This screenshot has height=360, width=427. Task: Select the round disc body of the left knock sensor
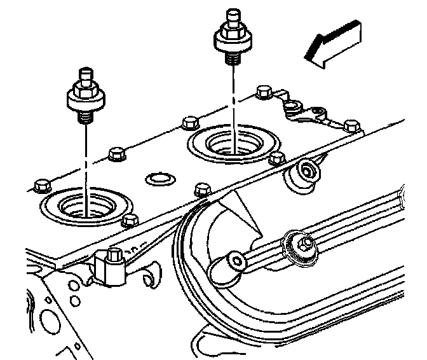(84, 99)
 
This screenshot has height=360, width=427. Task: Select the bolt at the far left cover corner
(41, 185)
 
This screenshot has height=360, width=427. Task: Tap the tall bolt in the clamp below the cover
(114, 255)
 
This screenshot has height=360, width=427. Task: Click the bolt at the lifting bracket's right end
(350, 125)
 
